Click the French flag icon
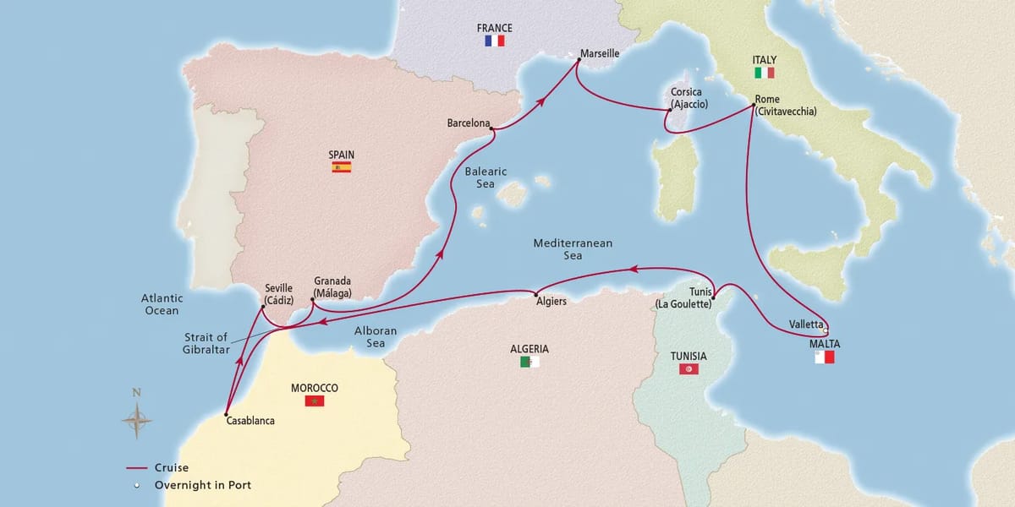(x=494, y=41)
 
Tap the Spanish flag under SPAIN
(x=341, y=167)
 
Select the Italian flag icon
(x=764, y=74)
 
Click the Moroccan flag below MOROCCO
(x=315, y=401)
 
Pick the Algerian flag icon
(x=529, y=362)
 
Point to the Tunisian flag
(x=689, y=369)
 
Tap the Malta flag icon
(x=824, y=357)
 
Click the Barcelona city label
(x=469, y=123)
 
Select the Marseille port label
(x=600, y=53)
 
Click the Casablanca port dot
(x=227, y=414)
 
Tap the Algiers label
(x=551, y=300)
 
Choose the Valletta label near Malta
(x=805, y=324)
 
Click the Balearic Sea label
(x=486, y=177)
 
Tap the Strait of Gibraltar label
(x=206, y=344)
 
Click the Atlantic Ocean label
(x=162, y=304)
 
